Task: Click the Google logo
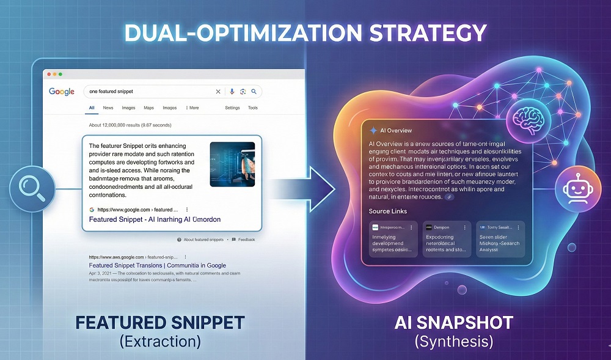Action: click(61, 92)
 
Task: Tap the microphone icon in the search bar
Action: click(232, 92)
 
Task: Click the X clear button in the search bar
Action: click(218, 92)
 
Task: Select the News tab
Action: click(108, 108)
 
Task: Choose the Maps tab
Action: click(148, 108)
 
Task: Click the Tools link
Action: click(252, 108)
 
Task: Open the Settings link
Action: click(232, 108)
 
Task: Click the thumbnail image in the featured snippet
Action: click(232, 165)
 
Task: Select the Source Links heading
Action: click(388, 211)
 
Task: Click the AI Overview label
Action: click(395, 130)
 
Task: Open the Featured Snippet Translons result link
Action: click(157, 266)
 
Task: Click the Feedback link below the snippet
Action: click(246, 240)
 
